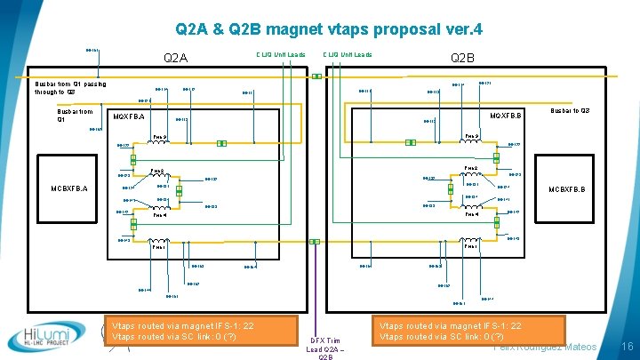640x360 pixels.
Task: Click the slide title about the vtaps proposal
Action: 329,29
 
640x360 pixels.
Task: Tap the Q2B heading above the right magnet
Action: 463,59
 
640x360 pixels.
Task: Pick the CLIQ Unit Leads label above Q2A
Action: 281,54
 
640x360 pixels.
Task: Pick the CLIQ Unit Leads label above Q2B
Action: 348,54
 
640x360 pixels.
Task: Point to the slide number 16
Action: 626,346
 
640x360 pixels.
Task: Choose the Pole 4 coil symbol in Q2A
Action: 161,209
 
